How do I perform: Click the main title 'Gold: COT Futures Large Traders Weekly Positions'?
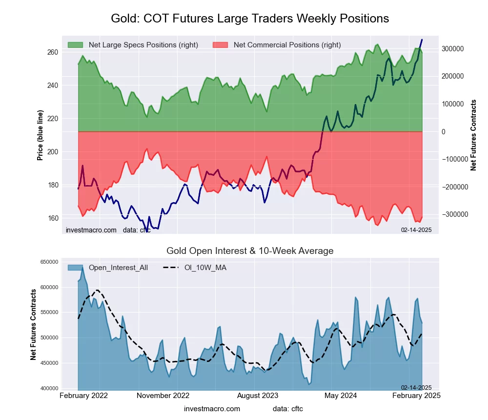250,19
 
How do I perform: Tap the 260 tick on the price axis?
53,52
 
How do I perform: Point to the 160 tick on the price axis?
53,218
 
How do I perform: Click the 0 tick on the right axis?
443,132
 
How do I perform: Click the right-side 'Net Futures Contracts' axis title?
473,135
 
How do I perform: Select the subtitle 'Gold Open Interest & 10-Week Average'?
250,251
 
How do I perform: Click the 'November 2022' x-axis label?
163,396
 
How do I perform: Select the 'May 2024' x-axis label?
337,396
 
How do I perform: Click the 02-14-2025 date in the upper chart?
416,230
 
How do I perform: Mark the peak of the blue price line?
422,40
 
